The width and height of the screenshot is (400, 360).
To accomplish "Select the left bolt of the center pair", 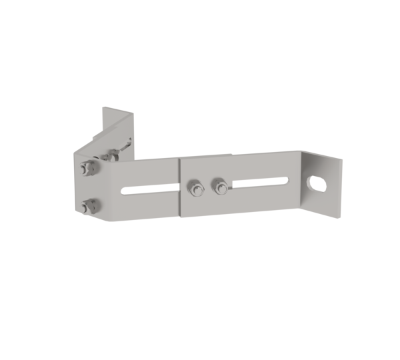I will pos(195,187).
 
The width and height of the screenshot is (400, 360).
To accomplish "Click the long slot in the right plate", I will pos(260,182).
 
